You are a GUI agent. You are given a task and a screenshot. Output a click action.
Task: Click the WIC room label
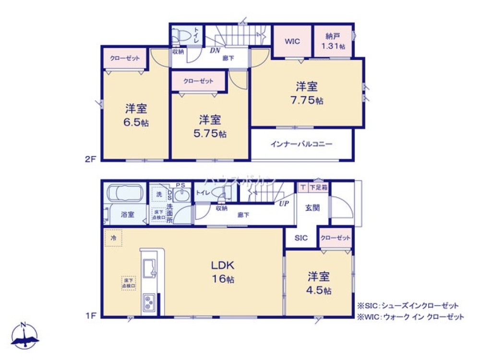point(292,41)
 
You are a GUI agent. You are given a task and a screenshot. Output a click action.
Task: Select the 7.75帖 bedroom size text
point(306,101)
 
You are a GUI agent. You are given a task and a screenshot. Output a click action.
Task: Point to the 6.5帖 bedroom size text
point(136,122)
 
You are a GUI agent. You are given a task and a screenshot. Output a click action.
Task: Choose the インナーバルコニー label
point(301,144)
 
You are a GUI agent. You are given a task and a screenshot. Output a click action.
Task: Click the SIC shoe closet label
point(301,238)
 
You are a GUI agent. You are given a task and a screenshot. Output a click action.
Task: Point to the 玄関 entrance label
point(312,208)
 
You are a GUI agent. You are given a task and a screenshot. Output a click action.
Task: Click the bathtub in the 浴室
point(124,193)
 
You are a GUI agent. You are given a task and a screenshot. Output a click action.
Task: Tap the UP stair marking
point(284,204)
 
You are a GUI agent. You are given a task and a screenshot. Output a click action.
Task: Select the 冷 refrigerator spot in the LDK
point(114,238)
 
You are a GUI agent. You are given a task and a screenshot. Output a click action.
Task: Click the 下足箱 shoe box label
point(318,187)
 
